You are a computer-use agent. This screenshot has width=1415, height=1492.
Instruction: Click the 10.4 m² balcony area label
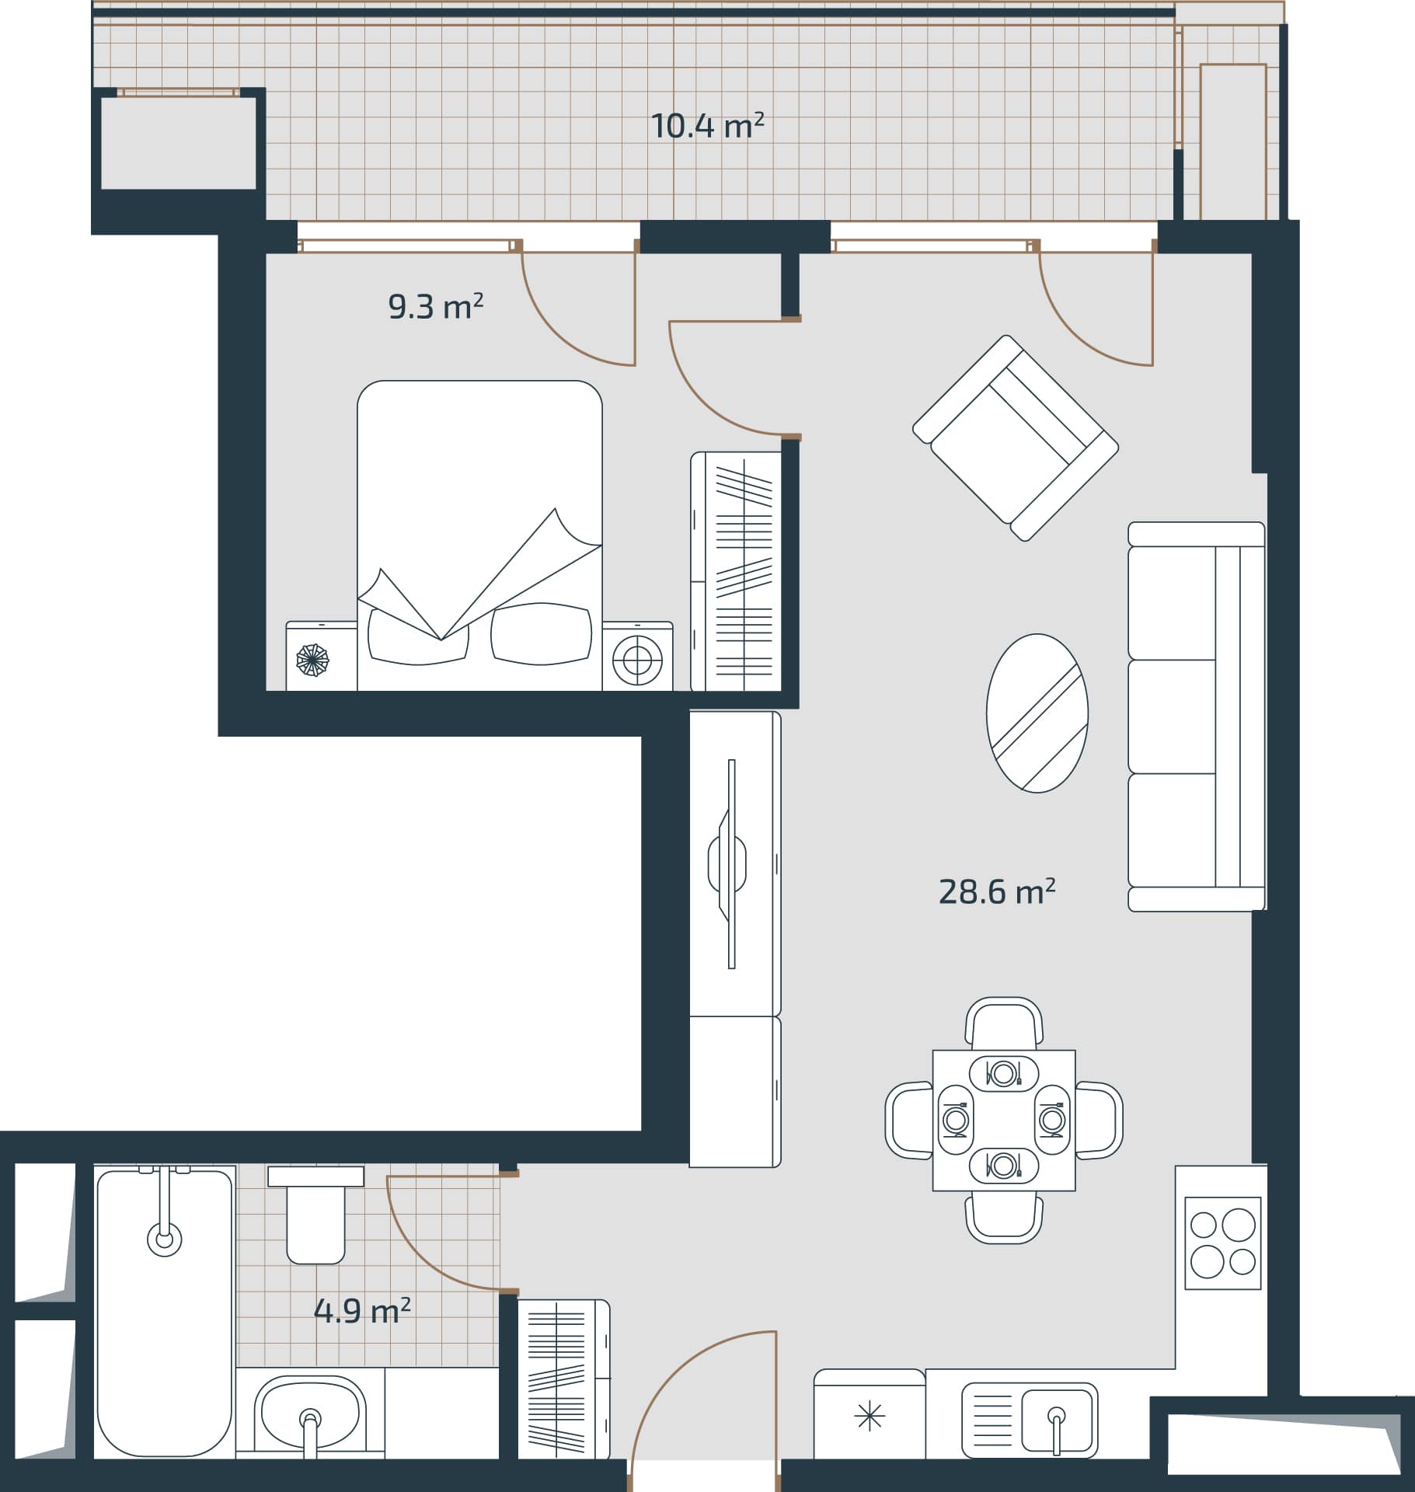pyautogui.click(x=707, y=126)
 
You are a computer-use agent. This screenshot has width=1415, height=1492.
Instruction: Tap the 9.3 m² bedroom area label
pyautogui.click(x=435, y=308)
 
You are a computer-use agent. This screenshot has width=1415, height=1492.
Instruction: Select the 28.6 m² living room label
pyautogui.click(x=996, y=892)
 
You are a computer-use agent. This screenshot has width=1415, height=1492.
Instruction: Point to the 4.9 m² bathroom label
pyautogui.click(x=362, y=1311)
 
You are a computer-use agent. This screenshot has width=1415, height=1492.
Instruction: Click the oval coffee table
pyautogui.click(x=1037, y=713)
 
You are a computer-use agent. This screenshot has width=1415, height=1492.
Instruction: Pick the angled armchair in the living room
pyautogui.click(x=1015, y=438)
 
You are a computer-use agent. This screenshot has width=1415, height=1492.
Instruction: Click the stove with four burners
pyautogui.click(x=1222, y=1243)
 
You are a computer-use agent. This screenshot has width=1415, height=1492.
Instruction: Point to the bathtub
pyautogui.click(x=165, y=1313)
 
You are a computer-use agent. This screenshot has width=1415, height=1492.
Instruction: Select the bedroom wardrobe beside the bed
pyautogui.click(x=736, y=571)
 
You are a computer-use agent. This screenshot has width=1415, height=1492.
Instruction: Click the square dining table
pyautogui.click(x=1004, y=1121)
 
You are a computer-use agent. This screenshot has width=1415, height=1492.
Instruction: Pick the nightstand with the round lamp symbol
pyautogui.click(x=637, y=657)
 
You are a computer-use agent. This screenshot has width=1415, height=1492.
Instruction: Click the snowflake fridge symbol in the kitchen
pyautogui.click(x=869, y=1417)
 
